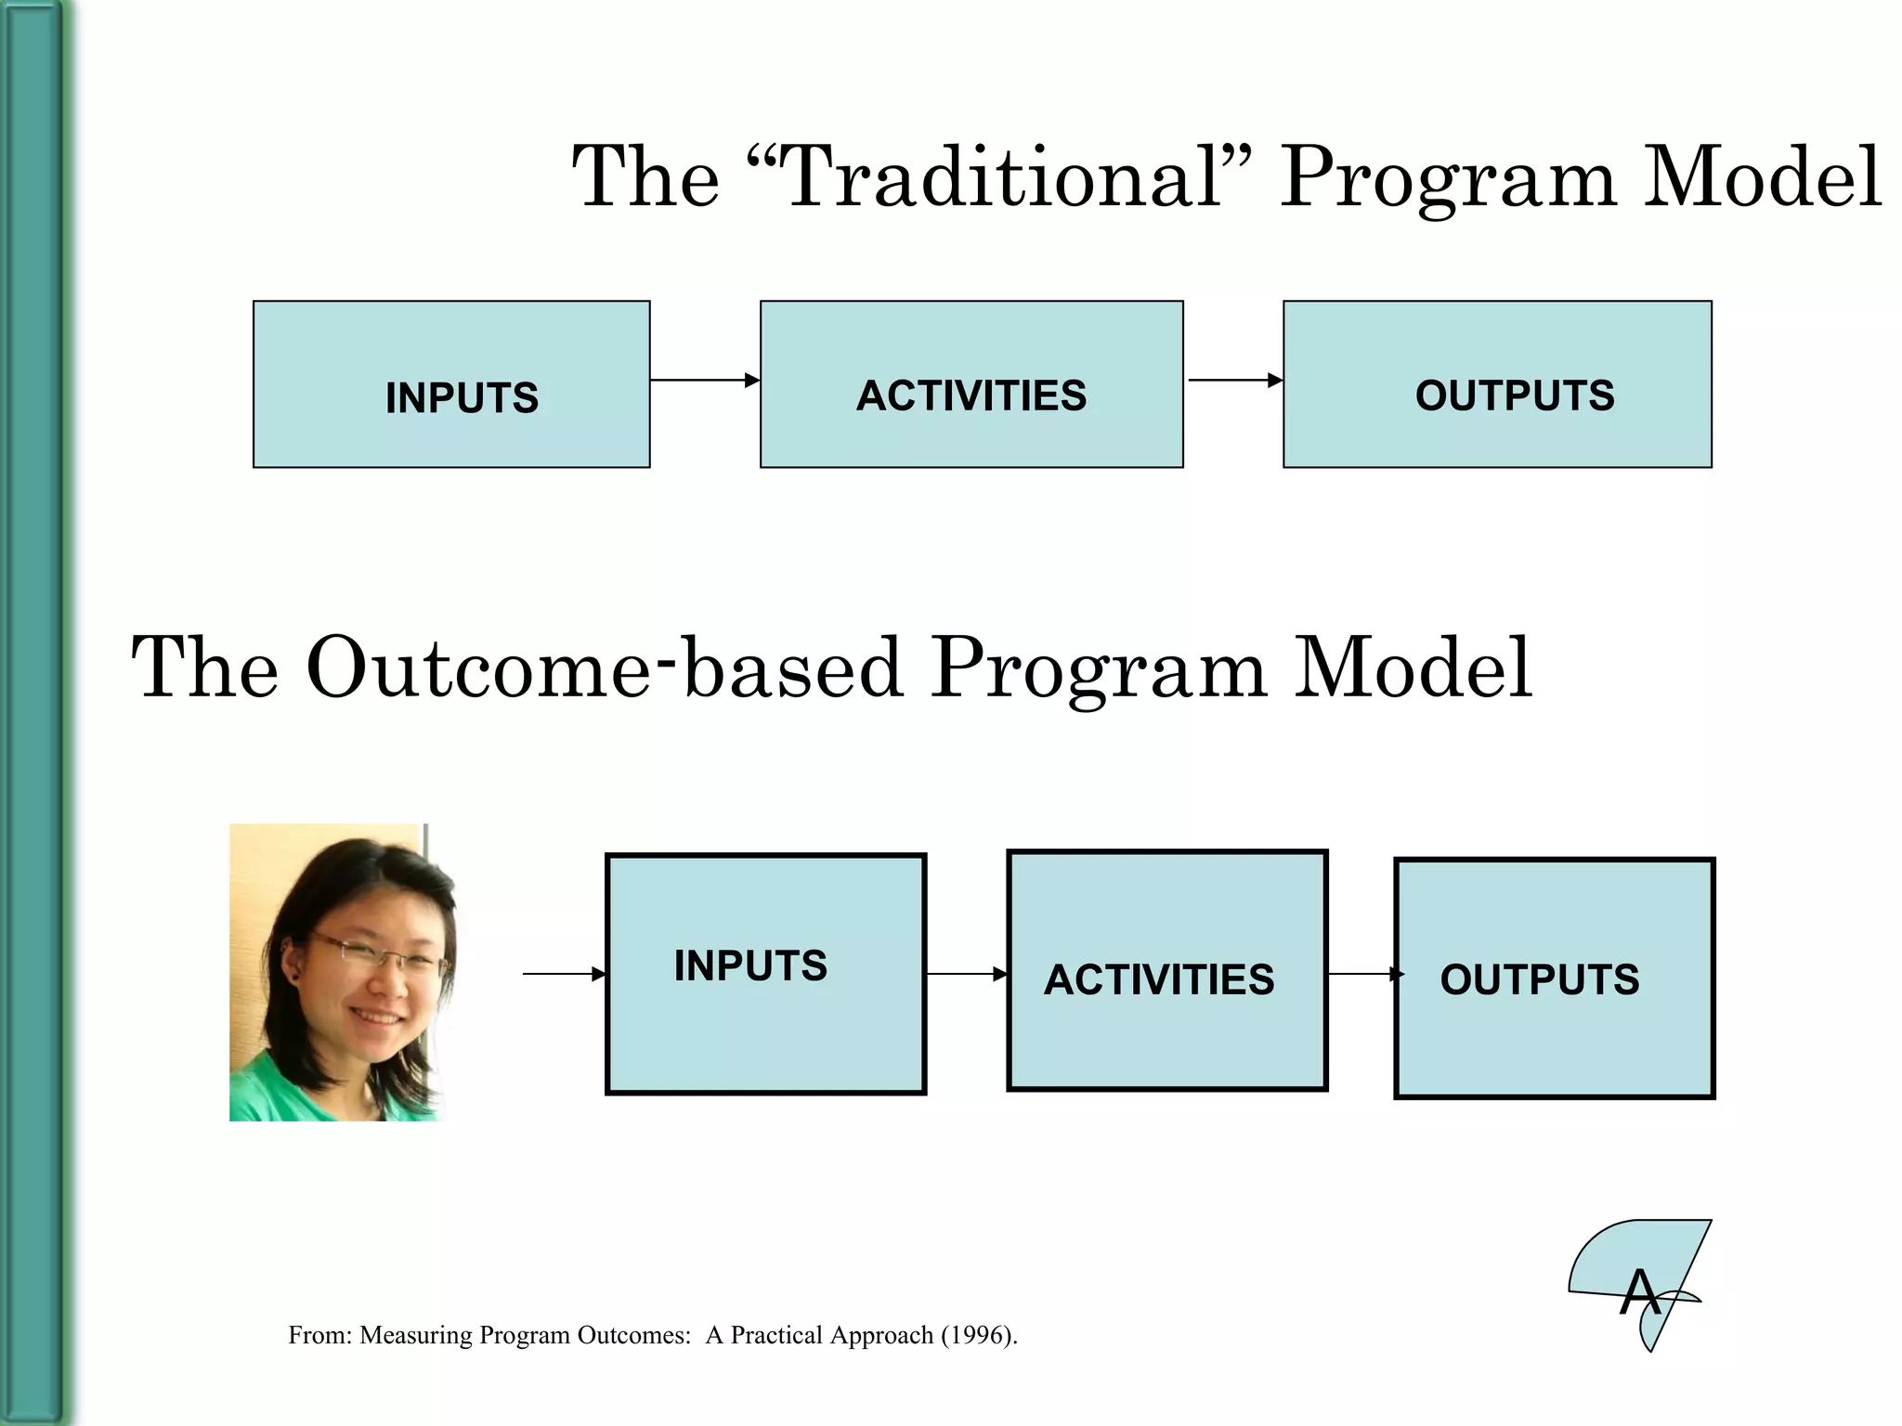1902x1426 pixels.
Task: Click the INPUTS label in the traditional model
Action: click(x=462, y=398)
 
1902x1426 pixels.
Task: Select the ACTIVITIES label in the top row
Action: click(x=971, y=395)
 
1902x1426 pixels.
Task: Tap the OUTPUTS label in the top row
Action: click(x=1515, y=395)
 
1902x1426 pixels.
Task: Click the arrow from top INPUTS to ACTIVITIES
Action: click(x=704, y=380)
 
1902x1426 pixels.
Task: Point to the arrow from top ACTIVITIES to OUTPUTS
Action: click(x=1233, y=380)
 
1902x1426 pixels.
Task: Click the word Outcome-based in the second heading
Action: click(x=604, y=668)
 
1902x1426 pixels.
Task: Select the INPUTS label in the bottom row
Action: click(x=750, y=966)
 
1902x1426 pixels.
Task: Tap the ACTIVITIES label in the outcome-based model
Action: click(x=1159, y=979)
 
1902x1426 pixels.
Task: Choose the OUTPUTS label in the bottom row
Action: click(x=1540, y=979)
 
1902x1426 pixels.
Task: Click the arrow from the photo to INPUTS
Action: click(x=563, y=974)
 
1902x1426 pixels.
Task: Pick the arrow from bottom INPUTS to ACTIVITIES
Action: click(x=966, y=974)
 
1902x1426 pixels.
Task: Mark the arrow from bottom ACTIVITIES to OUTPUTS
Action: click(x=1363, y=974)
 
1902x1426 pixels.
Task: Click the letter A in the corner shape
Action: click(x=1639, y=1292)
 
